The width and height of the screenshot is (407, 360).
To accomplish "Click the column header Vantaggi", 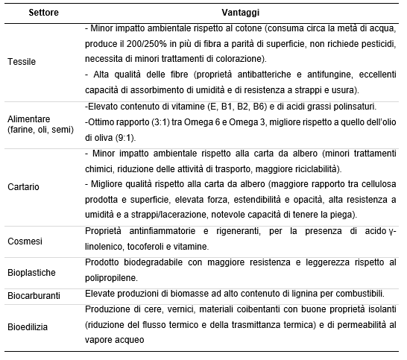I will coord(241,13).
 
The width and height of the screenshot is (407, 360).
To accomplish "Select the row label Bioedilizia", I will coord(28,325).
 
